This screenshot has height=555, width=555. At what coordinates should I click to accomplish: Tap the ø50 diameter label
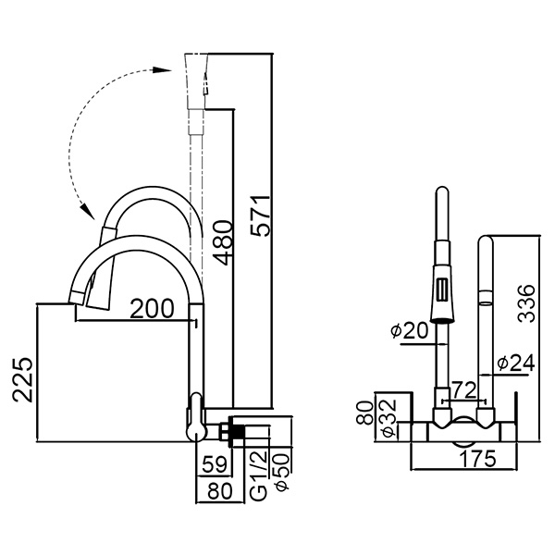pos(282,474)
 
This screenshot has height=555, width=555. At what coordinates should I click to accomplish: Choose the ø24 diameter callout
pos(514,364)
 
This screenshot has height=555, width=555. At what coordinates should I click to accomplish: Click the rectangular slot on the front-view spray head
pos(442,289)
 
